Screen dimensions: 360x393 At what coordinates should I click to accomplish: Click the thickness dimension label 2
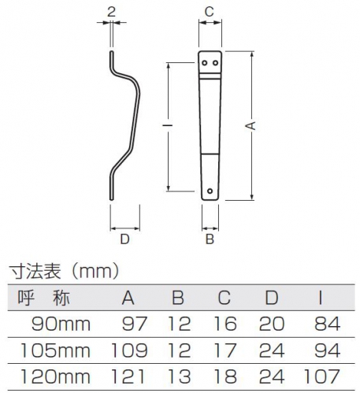pos(111,12)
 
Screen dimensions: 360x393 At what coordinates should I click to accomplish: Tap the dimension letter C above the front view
pos(210,12)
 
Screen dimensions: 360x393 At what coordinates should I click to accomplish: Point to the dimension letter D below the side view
pos(124,239)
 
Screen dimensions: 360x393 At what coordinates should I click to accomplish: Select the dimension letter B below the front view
pos(210,239)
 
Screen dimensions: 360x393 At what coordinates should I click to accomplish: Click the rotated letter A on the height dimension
pos(251,126)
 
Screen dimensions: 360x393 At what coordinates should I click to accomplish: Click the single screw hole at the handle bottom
pos(210,191)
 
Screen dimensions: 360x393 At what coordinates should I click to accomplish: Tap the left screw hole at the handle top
pos(204,63)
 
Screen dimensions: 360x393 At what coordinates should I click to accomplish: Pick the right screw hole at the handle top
pos(215,63)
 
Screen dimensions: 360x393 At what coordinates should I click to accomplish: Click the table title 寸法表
pos(35,272)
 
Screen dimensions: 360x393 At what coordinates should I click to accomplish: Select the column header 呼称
pos(44,298)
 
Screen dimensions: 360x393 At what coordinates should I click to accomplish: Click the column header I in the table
pos(320,298)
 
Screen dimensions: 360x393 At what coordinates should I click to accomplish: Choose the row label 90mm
pos(61,324)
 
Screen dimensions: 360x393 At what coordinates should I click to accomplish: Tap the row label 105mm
pos(55,350)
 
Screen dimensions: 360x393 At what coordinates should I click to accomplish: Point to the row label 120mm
pos(55,376)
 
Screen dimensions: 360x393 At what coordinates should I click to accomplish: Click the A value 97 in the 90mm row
pos(135,324)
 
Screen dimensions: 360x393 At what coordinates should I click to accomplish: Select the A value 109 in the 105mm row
pos(129,350)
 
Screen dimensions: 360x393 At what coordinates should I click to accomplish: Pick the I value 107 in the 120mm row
pos(321,376)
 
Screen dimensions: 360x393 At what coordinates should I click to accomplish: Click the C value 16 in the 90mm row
pos(225,324)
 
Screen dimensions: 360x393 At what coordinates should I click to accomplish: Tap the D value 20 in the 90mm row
pos(272,324)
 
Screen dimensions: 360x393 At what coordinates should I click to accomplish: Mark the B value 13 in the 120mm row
pos(179,376)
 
